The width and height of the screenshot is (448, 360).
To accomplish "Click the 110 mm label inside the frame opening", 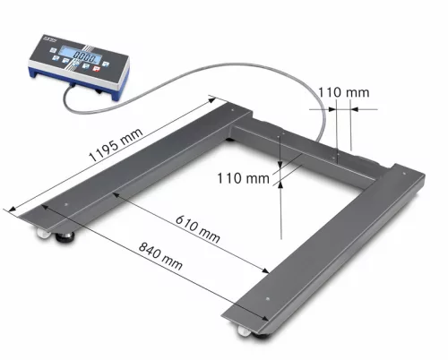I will point(243,178).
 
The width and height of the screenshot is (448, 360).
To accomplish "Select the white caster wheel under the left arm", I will point(42,236).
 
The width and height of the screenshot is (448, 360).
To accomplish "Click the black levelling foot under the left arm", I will point(66,239).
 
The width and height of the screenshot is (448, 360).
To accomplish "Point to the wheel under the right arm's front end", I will point(245,332).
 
